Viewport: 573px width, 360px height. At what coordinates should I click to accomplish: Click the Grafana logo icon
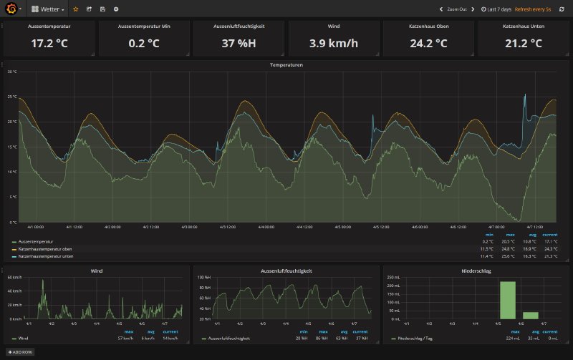tap(11, 9)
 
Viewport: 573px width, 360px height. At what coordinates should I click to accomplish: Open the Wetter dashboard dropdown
tap(49, 9)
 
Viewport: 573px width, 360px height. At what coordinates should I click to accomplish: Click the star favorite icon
tap(76, 9)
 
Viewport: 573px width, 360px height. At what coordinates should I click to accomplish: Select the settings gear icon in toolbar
tap(116, 9)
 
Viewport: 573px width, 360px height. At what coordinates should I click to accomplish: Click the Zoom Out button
tap(456, 9)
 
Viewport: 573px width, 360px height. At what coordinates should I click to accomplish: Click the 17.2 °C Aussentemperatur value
tap(49, 43)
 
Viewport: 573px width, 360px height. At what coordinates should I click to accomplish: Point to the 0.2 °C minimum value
tap(144, 43)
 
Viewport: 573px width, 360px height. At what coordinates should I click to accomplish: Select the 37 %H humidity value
tap(239, 43)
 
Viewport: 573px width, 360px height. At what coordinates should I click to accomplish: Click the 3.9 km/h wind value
tap(334, 43)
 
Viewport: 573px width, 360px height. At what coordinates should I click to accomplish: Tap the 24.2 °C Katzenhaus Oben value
tap(429, 43)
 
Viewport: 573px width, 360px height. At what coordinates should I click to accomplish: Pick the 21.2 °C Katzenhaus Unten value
tap(524, 43)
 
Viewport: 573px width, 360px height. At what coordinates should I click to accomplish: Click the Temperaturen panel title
tap(286, 65)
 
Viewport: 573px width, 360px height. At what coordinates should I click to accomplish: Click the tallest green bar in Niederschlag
tap(507, 300)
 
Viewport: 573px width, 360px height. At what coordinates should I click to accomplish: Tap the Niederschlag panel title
tap(474, 271)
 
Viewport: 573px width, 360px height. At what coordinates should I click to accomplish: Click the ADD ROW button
tap(20, 352)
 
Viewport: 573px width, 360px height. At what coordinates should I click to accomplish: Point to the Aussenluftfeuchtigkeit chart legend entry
tap(228, 338)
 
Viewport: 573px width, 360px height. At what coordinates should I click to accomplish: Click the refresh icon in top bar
tap(562, 9)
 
